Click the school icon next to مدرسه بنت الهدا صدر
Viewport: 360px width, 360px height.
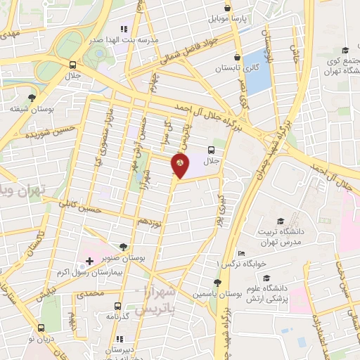124,30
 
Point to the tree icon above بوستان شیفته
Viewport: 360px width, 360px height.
31,98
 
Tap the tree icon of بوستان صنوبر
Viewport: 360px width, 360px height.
124,247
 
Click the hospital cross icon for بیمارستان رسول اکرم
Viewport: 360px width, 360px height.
89,261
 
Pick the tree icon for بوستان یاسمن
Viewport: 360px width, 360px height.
217,283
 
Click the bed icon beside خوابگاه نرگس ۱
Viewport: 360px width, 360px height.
241,254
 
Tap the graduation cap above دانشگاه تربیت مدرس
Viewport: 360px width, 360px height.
281,221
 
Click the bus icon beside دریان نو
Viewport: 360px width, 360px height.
41,328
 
